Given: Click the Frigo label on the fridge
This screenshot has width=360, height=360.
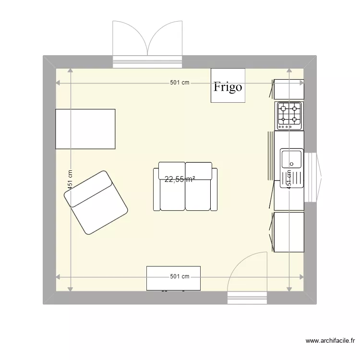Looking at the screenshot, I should tap(228, 87).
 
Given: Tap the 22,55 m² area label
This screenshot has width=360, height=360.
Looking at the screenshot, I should tap(180, 180).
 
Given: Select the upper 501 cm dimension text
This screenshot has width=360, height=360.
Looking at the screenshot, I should tap(180, 83).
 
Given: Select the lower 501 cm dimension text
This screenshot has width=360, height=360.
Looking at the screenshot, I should tap(180, 276).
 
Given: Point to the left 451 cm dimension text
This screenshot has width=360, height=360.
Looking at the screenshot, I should tap(70, 180).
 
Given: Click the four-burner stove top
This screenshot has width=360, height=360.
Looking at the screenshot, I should tap(289, 116).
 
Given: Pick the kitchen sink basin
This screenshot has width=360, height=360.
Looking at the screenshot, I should tap(291, 158).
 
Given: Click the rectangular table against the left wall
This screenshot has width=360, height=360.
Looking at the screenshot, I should tap(85, 129).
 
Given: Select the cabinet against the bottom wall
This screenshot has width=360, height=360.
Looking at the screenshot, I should tap(173, 278).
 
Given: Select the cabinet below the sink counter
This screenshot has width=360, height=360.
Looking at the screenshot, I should tap(289, 232).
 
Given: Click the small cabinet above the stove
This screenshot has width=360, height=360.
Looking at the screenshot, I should tap(289, 89).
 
